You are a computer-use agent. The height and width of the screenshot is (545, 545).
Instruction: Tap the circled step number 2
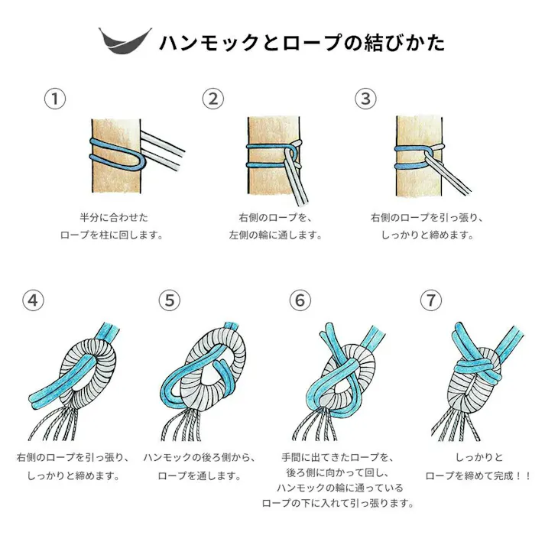[x=212, y=99]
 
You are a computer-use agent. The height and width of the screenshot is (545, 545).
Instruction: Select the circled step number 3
[x=366, y=99]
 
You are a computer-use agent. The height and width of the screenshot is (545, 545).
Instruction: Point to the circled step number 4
[x=31, y=301]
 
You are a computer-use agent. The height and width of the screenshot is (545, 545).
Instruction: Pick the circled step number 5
[x=170, y=301]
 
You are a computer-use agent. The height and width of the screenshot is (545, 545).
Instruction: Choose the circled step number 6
[x=300, y=301]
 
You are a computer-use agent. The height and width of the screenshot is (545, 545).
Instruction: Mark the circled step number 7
[x=431, y=301]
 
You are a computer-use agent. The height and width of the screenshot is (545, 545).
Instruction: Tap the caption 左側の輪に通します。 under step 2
[x=276, y=235]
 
